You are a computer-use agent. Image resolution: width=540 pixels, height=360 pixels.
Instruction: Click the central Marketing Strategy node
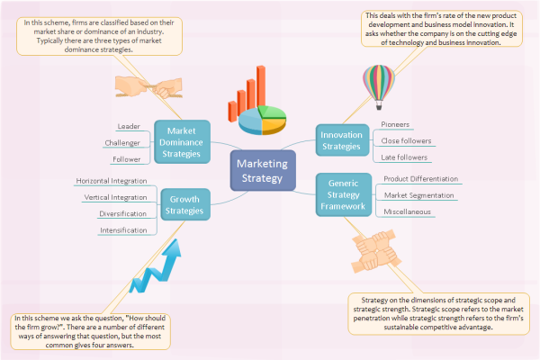[x=263, y=170]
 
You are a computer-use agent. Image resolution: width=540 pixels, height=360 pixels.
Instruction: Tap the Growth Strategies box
[x=184, y=205]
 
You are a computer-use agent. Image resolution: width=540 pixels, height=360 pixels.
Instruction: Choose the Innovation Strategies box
[x=341, y=139]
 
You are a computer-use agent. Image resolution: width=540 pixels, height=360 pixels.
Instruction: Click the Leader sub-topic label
[x=129, y=126]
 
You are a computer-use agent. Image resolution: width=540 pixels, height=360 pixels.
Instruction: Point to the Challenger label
[x=122, y=142]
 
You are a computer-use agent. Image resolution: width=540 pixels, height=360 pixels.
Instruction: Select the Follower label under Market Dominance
[x=126, y=159]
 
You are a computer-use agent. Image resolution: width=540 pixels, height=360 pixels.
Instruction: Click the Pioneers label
[x=395, y=125]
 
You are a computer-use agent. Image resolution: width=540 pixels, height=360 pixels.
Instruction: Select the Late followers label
[x=403, y=157]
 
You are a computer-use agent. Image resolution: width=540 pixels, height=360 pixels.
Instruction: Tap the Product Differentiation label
[x=420, y=179]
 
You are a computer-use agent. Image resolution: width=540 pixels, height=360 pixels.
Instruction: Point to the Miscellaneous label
[x=407, y=211]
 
